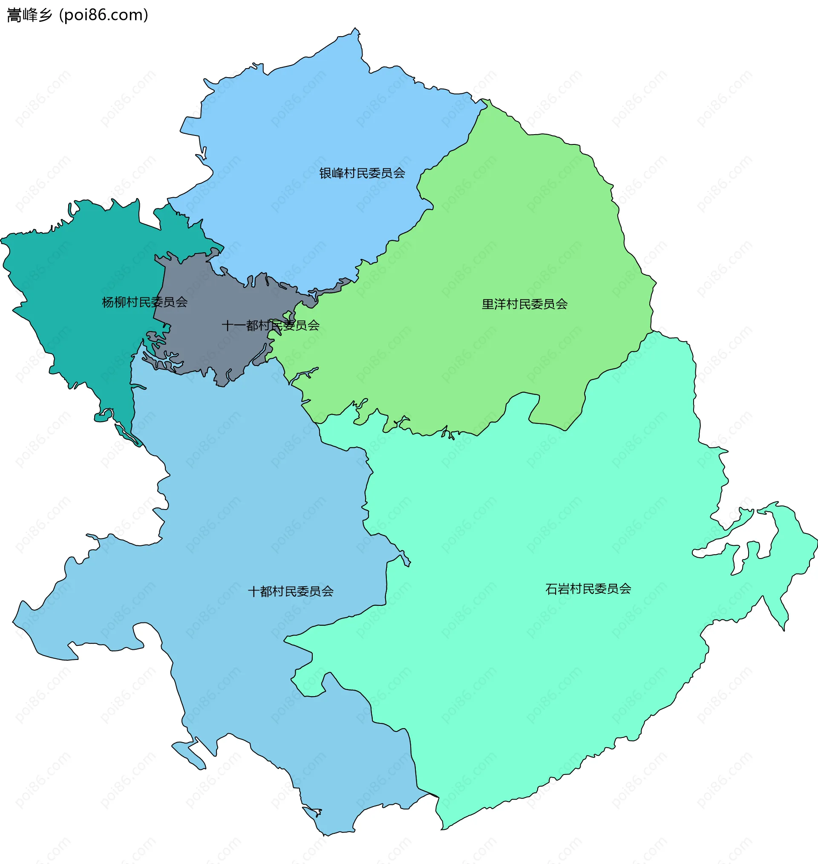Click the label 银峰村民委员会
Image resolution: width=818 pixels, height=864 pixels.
362,173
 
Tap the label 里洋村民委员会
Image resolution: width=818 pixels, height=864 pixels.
524,304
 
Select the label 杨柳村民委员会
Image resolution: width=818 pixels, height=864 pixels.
145,302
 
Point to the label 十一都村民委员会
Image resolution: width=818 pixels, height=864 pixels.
271,325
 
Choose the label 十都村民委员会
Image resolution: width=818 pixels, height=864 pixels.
291,591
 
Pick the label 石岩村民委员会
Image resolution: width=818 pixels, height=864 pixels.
588,589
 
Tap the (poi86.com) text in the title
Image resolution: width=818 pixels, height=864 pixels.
104,15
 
